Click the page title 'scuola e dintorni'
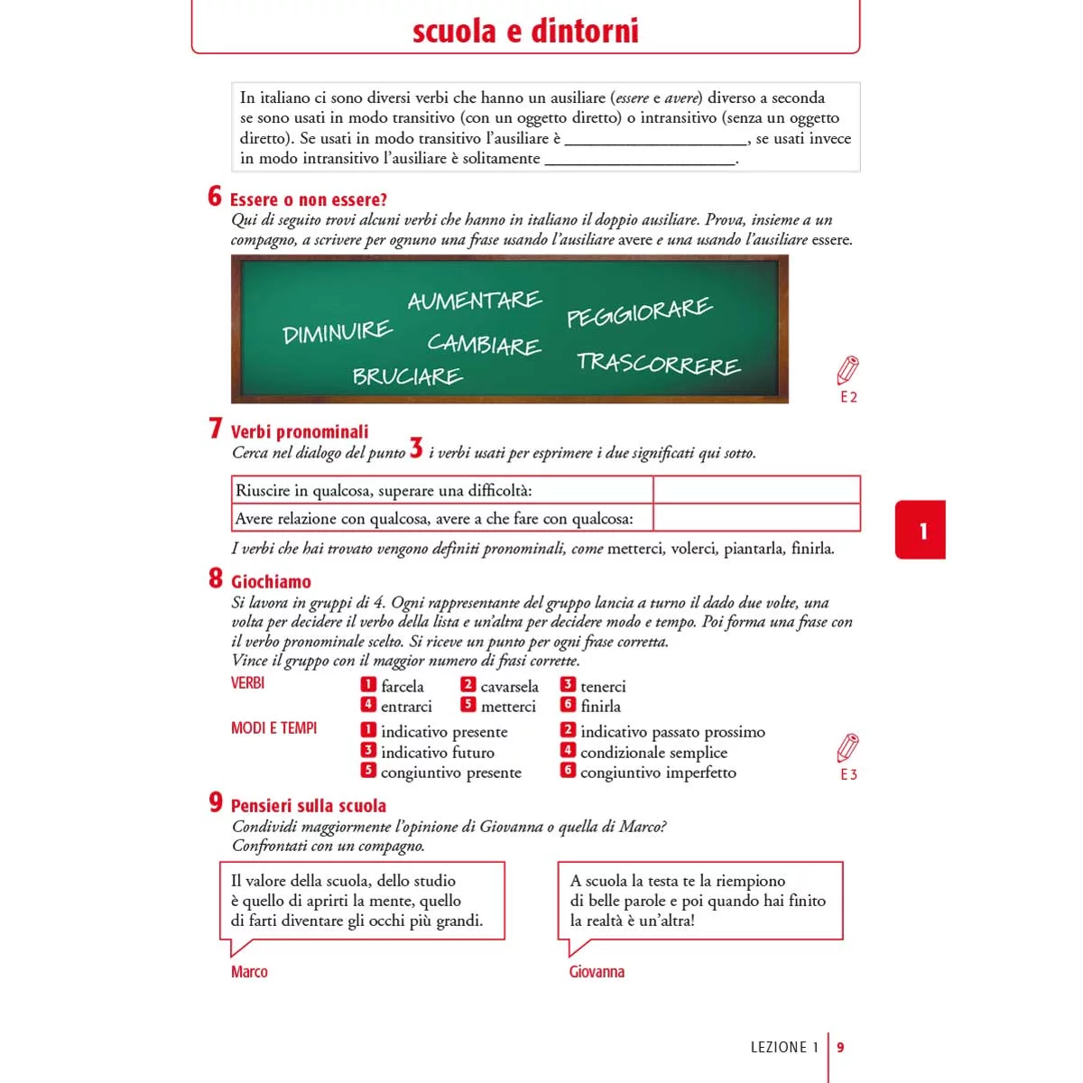[x=525, y=32]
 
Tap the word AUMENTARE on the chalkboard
[x=475, y=301]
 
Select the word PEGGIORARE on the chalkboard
[x=639, y=311]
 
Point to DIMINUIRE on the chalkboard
[x=337, y=332]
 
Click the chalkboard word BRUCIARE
[x=407, y=376]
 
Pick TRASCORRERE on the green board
[x=658, y=364]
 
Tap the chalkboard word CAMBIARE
[x=484, y=344]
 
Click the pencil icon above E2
[x=847, y=370]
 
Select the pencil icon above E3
[x=847, y=748]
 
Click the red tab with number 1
[x=921, y=531]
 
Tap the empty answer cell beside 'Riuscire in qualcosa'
[x=756, y=490]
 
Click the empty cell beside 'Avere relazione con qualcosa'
[x=756, y=518]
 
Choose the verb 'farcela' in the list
[x=402, y=687]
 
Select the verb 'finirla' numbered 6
[x=600, y=707]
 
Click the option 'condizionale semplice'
[x=653, y=753]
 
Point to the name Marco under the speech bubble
[x=249, y=972]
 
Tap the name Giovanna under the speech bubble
[x=597, y=972]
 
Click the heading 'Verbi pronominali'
[x=300, y=432]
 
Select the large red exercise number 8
[x=216, y=579]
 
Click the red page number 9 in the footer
[x=841, y=1048]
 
